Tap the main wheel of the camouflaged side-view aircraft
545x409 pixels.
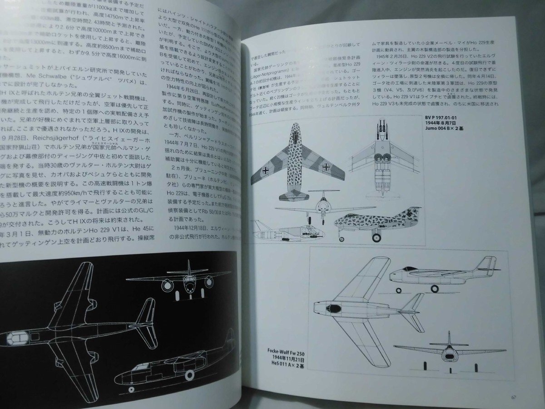pyautogui.click(x=377, y=236)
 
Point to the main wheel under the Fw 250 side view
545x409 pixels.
pyautogui.click(x=436, y=289)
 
